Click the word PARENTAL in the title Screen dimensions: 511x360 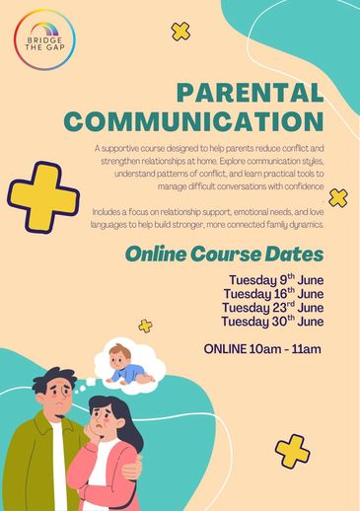[x=249, y=95]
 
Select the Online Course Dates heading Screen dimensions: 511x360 [x=224, y=254]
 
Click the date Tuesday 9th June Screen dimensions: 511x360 [x=275, y=280]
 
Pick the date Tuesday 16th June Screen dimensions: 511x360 [x=273, y=294]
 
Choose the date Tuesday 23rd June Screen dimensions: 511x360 [x=273, y=307]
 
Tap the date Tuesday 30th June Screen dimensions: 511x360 [x=273, y=321]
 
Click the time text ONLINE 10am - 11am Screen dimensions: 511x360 [x=262, y=348]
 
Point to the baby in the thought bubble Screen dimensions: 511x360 [x=126, y=362]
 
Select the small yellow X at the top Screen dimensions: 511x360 [x=180, y=32]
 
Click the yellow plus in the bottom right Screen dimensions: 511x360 [x=292, y=450]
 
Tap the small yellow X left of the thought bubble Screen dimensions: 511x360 [x=146, y=326]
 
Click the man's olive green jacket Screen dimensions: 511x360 [x=35, y=464]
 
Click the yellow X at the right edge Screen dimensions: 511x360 [x=338, y=197]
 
